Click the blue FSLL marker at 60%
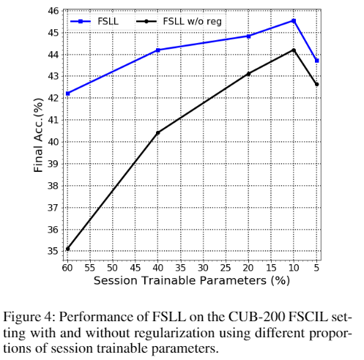point(67,94)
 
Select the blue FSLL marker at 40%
point(158,50)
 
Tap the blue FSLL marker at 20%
point(248,37)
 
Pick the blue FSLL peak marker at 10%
point(294,21)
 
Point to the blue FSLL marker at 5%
point(316,61)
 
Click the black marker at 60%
point(67,249)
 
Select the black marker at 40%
point(158,132)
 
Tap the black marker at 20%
point(248,74)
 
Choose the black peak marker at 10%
point(294,50)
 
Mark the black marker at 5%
point(316,84)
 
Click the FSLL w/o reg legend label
point(192,21)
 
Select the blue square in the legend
point(81,21)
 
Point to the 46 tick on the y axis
point(53,11)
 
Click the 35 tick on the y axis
point(53,251)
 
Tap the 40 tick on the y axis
point(53,142)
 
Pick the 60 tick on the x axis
point(67,268)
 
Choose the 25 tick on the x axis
point(226,268)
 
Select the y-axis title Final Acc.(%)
point(38,135)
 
